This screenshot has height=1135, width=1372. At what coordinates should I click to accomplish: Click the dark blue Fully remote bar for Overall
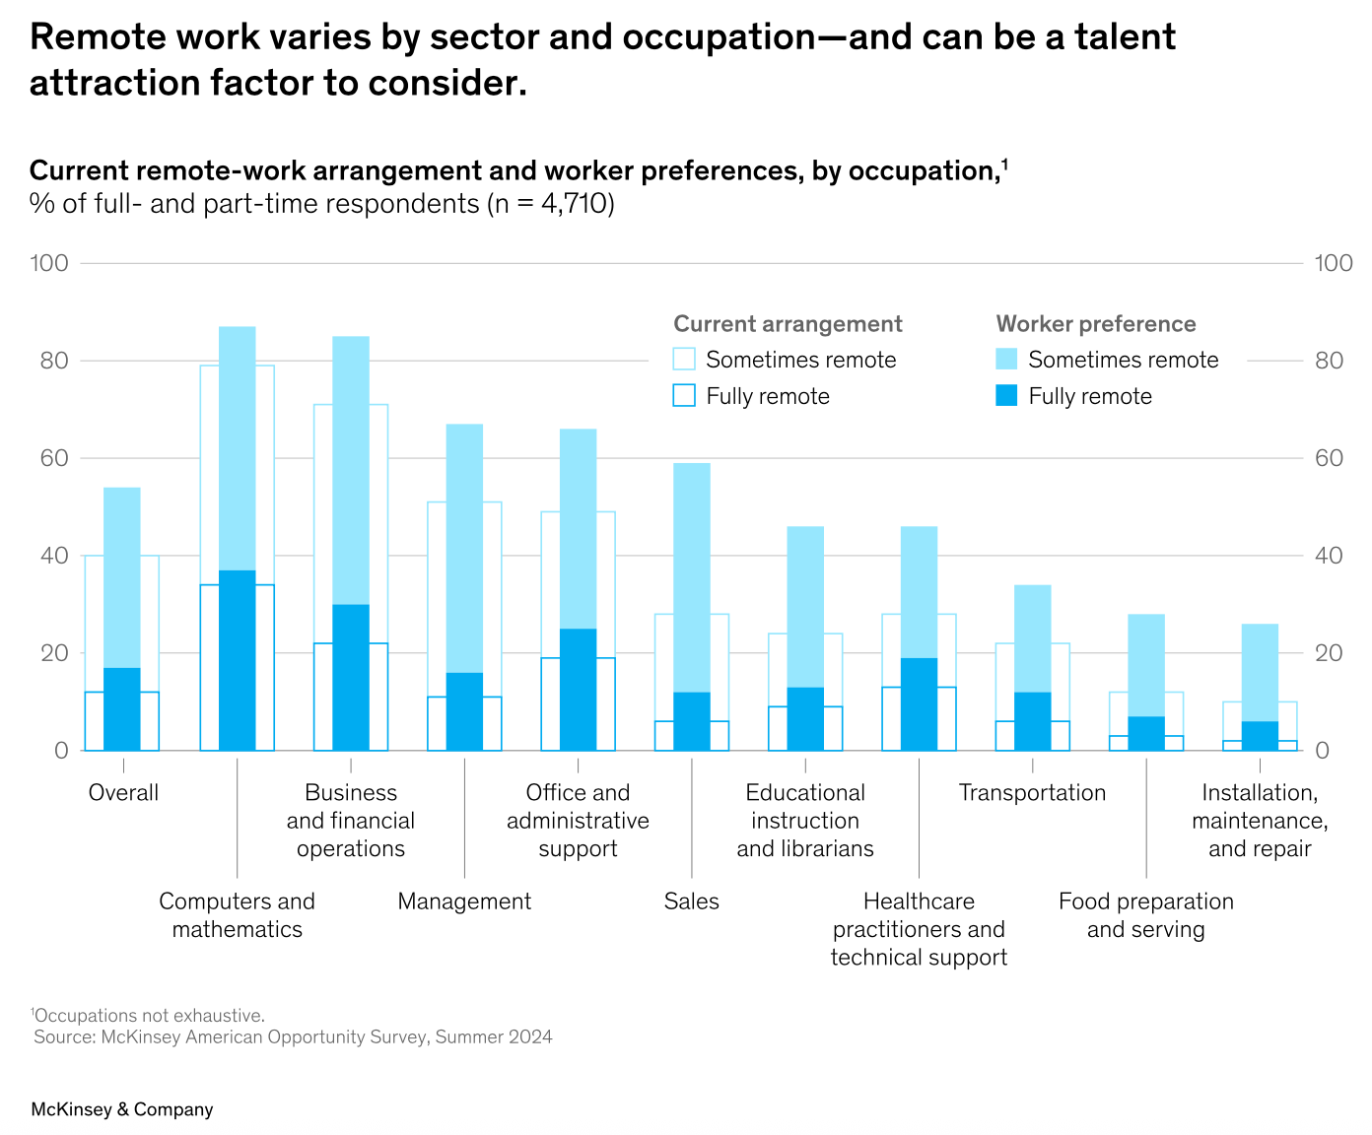[x=122, y=709]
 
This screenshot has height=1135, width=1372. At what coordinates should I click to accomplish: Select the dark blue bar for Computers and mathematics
[x=237, y=660]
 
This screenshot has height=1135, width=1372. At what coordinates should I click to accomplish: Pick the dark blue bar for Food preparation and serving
[x=1146, y=733]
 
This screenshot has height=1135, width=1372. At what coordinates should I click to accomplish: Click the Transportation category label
[x=1032, y=793]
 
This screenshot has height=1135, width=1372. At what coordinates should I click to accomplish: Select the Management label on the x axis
[x=464, y=901]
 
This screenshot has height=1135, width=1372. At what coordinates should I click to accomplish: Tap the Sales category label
[x=691, y=901]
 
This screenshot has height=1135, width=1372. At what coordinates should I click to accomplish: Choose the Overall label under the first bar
[x=123, y=793]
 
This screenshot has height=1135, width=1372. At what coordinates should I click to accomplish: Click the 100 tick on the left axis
[x=49, y=263]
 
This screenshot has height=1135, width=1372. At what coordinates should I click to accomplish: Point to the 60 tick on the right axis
[x=1329, y=458]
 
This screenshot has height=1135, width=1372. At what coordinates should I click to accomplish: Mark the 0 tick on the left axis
[x=61, y=751]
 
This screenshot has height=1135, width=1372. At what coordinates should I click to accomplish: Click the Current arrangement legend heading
[x=788, y=324]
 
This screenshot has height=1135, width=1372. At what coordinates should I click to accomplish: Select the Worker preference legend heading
[x=1096, y=324]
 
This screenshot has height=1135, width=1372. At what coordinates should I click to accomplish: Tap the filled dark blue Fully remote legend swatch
[x=1006, y=395]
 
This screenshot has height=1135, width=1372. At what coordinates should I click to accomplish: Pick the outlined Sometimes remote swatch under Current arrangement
[x=684, y=359]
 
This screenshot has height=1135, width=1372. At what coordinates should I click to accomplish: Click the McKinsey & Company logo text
[x=122, y=1109]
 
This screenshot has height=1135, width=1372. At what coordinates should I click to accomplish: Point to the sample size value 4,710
[x=573, y=204]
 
